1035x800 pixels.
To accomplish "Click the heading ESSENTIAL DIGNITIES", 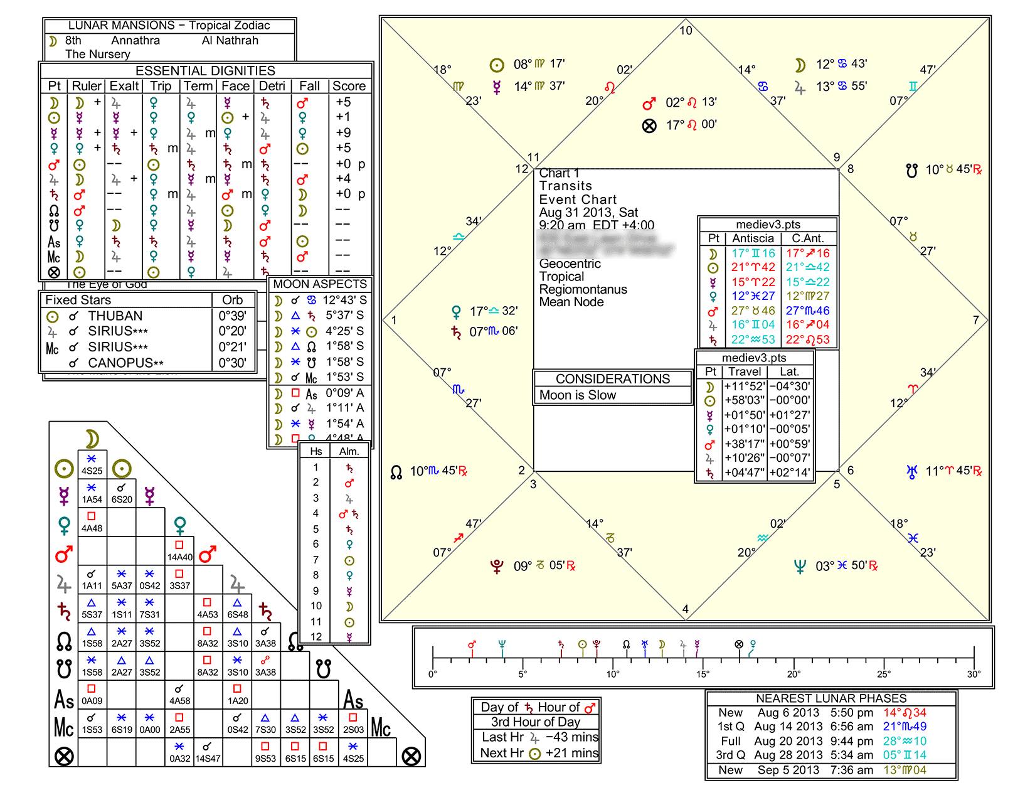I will pyautogui.click(x=205, y=71).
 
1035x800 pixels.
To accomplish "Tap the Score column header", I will pyautogui.click(x=349, y=87).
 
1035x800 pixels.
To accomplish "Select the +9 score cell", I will pyautogui.click(x=343, y=132).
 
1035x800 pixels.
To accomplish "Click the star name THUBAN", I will pyautogui.click(x=115, y=316).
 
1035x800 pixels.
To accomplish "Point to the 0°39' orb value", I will pyautogui.click(x=232, y=316).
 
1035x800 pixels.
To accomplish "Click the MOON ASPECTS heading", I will pyautogui.click(x=320, y=284).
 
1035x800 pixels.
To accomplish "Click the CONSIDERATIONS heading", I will pyautogui.click(x=612, y=379).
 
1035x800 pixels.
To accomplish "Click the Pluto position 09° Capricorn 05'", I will pyautogui.click(x=540, y=566).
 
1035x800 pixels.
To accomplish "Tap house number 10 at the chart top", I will pyautogui.click(x=686, y=30).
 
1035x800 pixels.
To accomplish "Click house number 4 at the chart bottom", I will pyautogui.click(x=686, y=609).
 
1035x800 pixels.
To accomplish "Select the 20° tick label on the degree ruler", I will pyautogui.click(x=793, y=675).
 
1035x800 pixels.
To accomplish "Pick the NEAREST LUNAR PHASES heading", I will pyautogui.click(x=831, y=698).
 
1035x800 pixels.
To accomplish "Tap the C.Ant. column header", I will pyautogui.click(x=807, y=238).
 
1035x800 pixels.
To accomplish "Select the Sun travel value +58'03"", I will pyautogui.click(x=743, y=400).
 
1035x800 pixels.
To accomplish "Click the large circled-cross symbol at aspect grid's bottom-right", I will pyautogui.click(x=411, y=756).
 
